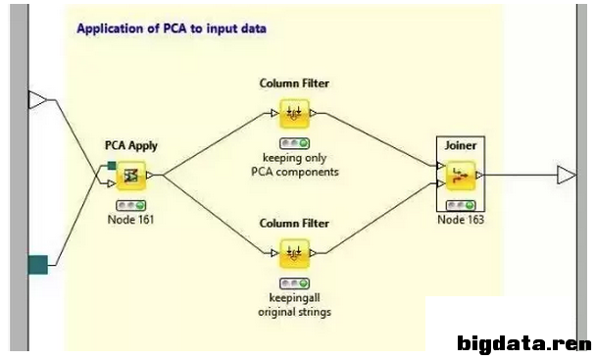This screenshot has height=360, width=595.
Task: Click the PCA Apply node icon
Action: [x=131, y=176]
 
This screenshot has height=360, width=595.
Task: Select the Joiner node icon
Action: [x=461, y=176]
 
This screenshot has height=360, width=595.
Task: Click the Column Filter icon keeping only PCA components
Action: [x=294, y=114]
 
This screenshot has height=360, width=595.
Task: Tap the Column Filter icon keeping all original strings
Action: [x=294, y=253]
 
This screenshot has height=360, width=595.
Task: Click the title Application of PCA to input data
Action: [x=172, y=28]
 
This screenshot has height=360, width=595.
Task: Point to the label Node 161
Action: [x=131, y=220]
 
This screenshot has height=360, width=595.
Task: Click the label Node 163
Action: [x=461, y=220]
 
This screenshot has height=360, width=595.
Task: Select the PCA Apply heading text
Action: [x=131, y=146]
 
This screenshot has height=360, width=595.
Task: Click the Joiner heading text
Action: [x=461, y=145]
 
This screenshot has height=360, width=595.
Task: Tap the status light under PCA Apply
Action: [x=131, y=205]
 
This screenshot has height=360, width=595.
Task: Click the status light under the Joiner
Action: [x=461, y=205]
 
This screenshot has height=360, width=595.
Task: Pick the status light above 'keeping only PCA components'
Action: [x=294, y=143]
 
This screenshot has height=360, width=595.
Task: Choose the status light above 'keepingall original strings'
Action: [x=294, y=283]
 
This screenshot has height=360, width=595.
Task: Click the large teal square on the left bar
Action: [x=38, y=265]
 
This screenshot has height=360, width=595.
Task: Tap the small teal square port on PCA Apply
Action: [x=112, y=166]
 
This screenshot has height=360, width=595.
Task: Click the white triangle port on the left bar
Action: [x=37, y=100]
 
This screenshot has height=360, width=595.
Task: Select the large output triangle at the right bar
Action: [x=567, y=175]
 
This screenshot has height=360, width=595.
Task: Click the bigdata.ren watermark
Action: [x=524, y=343]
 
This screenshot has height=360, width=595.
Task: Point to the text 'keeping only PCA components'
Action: [x=295, y=165]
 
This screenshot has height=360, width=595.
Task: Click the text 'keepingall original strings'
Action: [x=294, y=305]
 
